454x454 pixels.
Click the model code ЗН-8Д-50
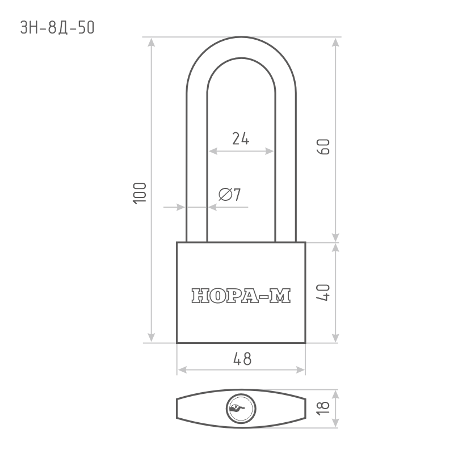tap(57, 28)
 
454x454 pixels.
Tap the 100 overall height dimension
tap(140, 194)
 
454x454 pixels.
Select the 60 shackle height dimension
tap(323, 147)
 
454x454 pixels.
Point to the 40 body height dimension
tap(323, 293)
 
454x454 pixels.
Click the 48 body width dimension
tap(242, 359)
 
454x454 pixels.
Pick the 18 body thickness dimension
tap(323, 409)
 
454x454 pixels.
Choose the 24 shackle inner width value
tap(241, 138)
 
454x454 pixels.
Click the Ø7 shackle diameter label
tap(230, 194)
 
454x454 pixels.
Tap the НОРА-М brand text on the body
tap(241, 296)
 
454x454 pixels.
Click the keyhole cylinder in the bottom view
tap(241, 409)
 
